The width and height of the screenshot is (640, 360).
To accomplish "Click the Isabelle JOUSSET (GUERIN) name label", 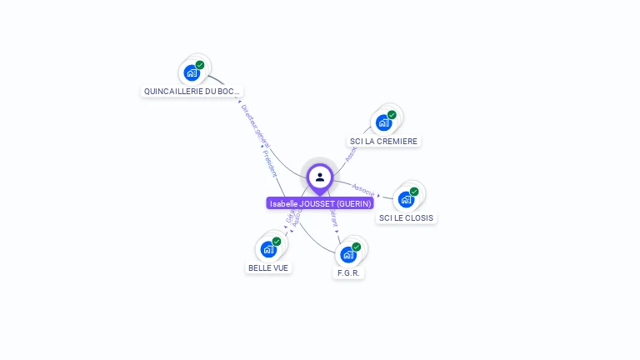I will point(320,203).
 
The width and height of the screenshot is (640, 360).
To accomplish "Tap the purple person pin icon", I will point(320,177).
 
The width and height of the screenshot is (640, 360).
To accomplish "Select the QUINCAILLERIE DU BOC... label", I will point(192,91).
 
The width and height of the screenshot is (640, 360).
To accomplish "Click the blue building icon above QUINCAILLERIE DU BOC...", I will point(192,72).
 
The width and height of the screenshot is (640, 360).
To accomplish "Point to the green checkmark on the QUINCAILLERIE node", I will point(200,64).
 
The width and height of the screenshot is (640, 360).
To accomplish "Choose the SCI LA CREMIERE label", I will point(383,141).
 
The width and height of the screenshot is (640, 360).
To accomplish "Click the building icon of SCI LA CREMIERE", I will point(383,122).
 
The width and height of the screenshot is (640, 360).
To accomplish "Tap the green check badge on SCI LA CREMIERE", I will point(392,115).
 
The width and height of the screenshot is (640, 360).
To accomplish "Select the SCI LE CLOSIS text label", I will point(407,217).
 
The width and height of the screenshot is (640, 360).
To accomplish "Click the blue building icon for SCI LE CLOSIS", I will point(406,199).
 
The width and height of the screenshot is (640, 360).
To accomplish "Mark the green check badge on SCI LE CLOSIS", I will point(414,192).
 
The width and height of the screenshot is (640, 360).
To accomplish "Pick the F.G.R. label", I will point(349,272).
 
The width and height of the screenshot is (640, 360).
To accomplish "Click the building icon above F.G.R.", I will point(348,254).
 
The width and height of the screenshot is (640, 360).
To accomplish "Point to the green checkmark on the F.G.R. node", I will point(357,247).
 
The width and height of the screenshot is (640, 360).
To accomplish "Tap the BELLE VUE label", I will point(268,267).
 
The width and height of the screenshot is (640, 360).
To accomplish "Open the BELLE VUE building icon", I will point(268,248).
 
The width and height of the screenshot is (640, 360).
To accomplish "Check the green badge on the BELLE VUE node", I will point(277,241).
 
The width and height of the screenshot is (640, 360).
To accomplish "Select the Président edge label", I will point(269,162).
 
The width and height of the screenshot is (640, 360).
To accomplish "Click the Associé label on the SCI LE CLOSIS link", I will point(363,189).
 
